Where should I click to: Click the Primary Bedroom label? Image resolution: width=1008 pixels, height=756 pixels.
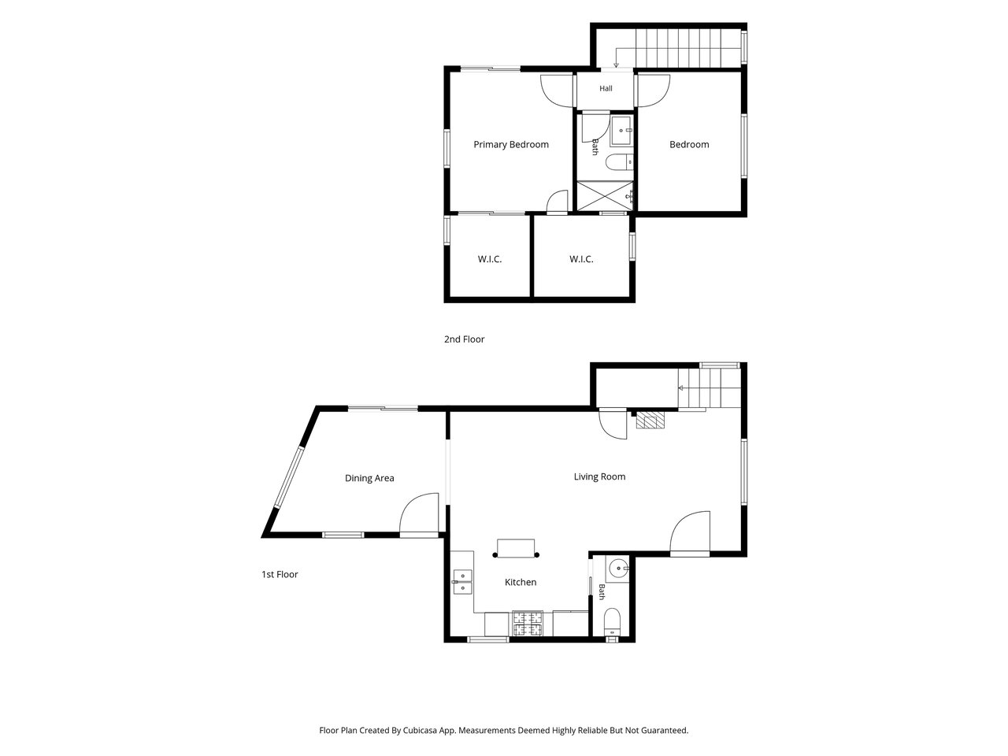pyautogui.click(x=510, y=145)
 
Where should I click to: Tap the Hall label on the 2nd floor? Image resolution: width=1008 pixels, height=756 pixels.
pyautogui.click(x=606, y=88)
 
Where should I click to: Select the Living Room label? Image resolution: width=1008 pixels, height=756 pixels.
pyautogui.click(x=599, y=476)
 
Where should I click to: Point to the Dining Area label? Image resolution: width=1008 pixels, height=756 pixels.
pyautogui.click(x=369, y=478)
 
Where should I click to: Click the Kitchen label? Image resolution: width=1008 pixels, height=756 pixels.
pyautogui.click(x=521, y=582)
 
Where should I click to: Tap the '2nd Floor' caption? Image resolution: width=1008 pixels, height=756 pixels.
pyautogui.click(x=464, y=339)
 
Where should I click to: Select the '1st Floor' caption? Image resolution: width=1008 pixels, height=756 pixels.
pyautogui.click(x=280, y=574)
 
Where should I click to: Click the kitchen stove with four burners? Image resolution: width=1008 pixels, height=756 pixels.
pyautogui.click(x=527, y=624)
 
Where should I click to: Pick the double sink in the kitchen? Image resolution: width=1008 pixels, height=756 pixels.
pyautogui.click(x=462, y=582)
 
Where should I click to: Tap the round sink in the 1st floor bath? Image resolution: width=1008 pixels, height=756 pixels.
pyautogui.click(x=618, y=569)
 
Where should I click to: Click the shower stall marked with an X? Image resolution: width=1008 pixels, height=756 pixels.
pyautogui.click(x=605, y=196)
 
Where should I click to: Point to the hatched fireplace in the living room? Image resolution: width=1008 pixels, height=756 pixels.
pyautogui.click(x=650, y=420)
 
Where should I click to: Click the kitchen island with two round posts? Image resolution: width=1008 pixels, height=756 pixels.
pyautogui.click(x=516, y=549)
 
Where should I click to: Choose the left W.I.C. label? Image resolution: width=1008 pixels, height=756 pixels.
pyautogui.click(x=490, y=259)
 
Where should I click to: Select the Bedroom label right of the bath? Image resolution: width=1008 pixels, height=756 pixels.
pyautogui.click(x=689, y=145)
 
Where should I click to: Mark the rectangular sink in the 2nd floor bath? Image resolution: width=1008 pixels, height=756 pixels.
pyautogui.click(x=622, y=131)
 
